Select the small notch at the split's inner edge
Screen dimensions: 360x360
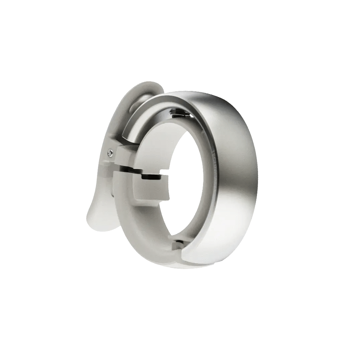pyautogui.click(x=163, y=172)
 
